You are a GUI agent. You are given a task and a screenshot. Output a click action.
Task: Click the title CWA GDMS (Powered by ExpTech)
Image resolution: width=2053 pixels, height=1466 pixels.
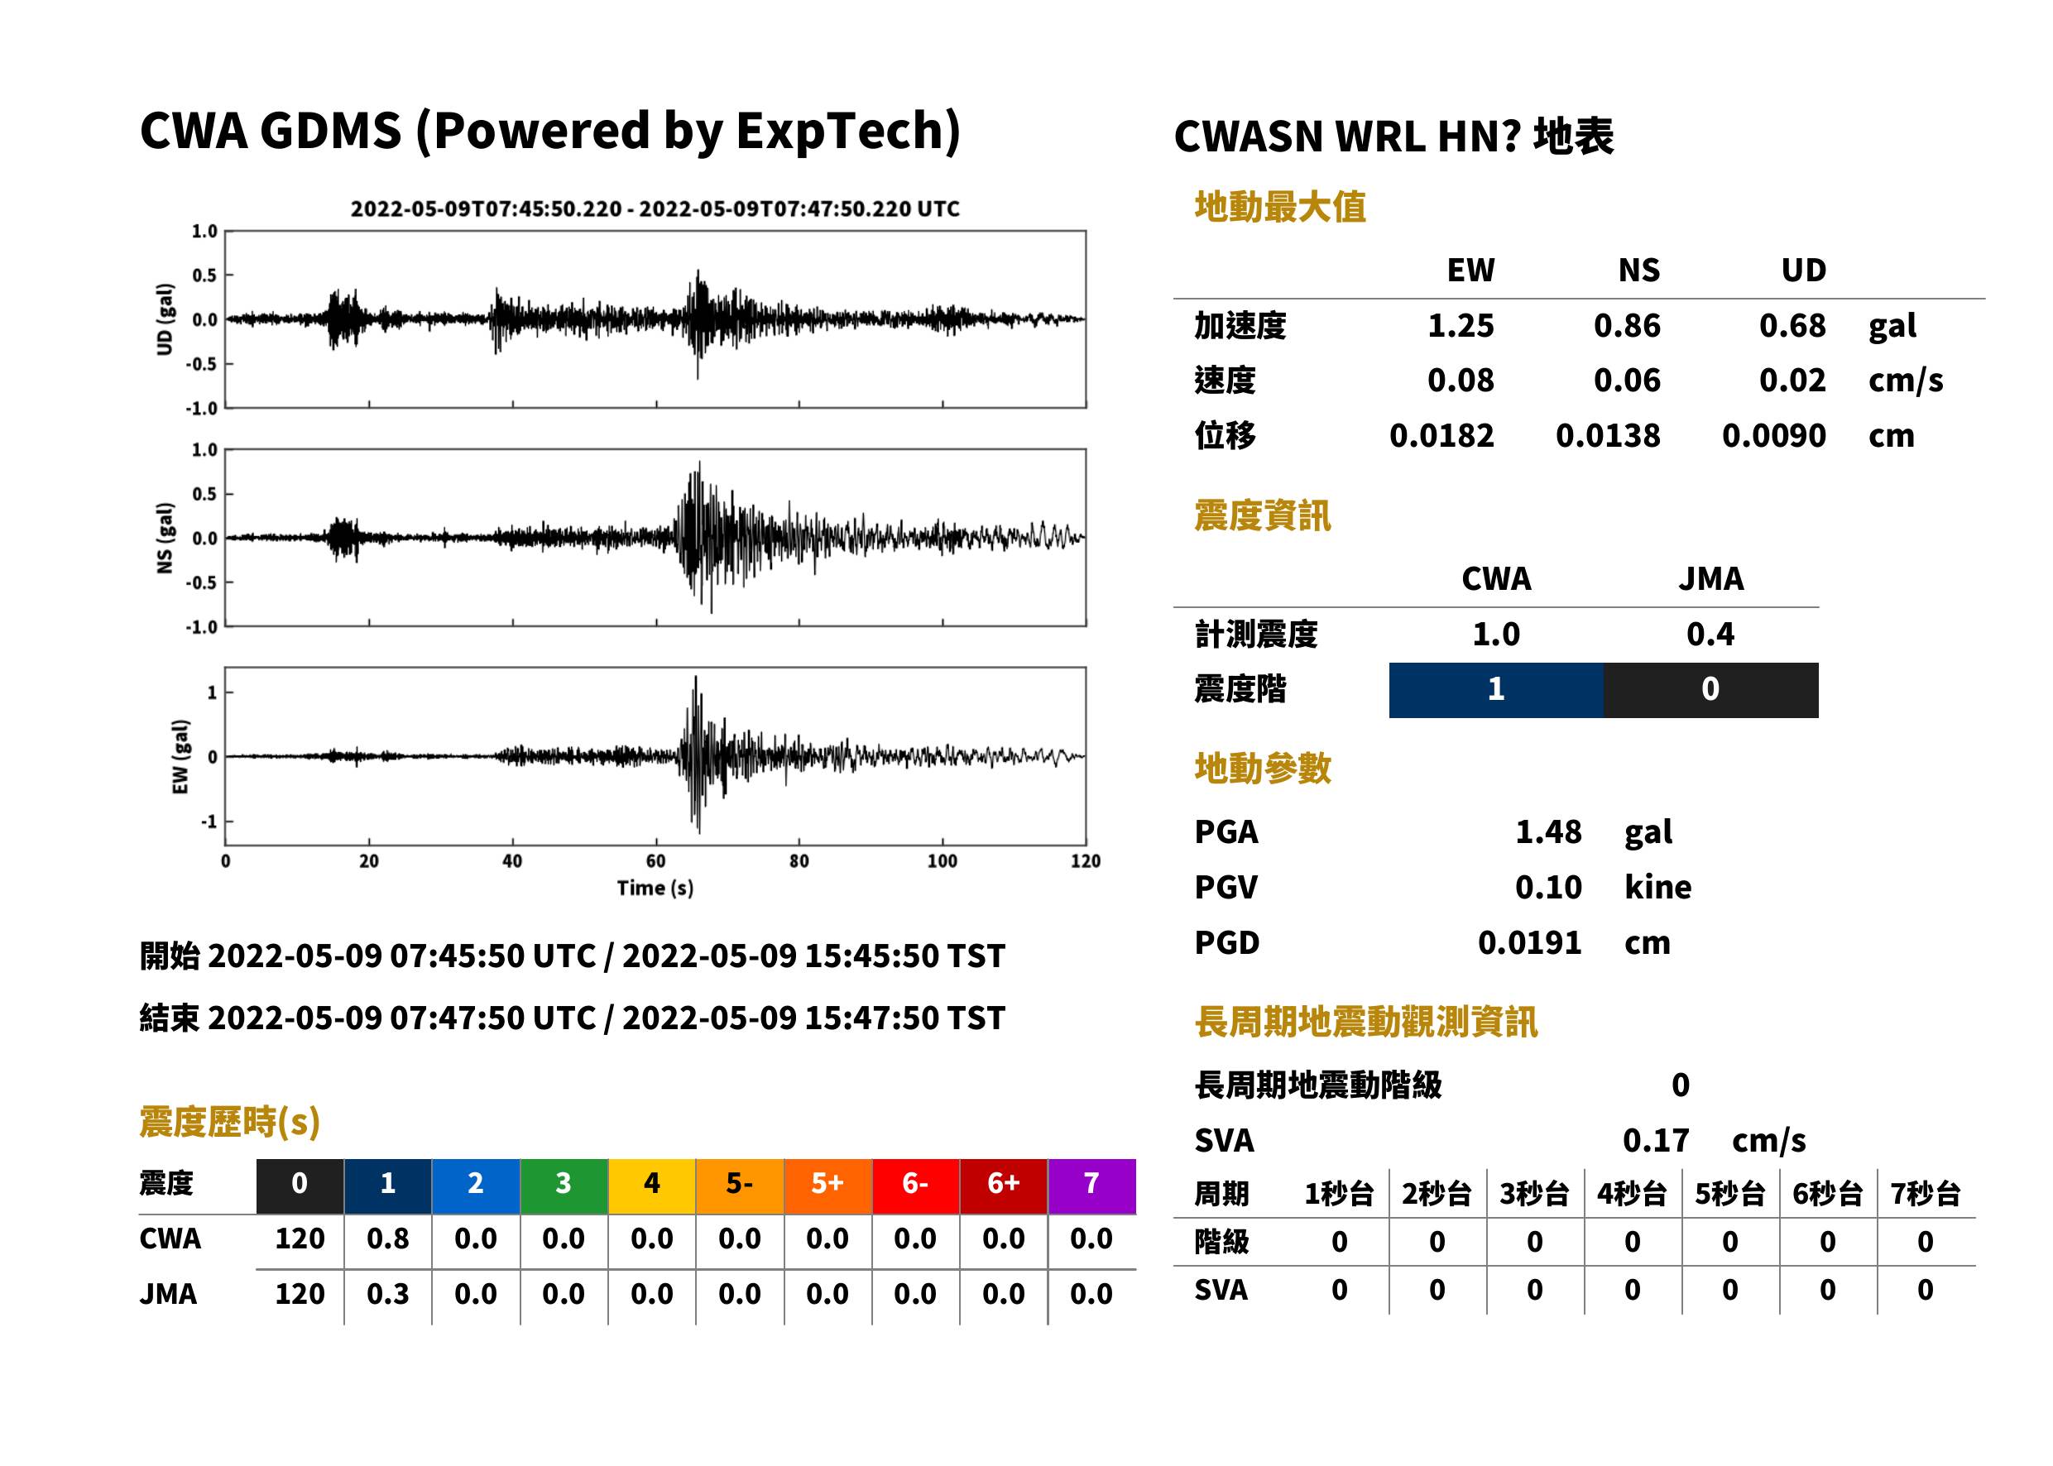click(549, 132)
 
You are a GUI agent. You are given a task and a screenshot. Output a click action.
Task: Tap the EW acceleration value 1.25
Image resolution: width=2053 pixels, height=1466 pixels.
click(1460, 326)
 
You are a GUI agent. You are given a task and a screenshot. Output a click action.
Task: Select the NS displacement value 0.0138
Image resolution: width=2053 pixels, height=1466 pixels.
click(1607, 436)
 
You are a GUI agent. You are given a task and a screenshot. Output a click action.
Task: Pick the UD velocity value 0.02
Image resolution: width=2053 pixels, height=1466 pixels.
click(1792, 381)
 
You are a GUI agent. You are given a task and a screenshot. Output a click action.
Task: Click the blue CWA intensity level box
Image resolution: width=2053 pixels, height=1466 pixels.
click(1496, 690)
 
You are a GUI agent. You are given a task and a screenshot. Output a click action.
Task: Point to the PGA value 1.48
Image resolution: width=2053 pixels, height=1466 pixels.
click(1548, 831)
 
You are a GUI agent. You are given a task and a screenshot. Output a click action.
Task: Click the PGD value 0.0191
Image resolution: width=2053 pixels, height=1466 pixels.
click(1529, 942)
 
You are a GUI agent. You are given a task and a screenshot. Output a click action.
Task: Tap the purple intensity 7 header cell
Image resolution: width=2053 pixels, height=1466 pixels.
click(1091, 1186)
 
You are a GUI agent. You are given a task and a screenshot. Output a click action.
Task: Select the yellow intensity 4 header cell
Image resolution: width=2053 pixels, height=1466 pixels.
click(652, 1186)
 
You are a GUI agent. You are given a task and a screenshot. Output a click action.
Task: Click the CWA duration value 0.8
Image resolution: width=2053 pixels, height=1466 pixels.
click(387, 1238)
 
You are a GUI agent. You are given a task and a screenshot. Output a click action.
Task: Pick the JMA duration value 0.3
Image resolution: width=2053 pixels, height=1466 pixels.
click(387, 1294)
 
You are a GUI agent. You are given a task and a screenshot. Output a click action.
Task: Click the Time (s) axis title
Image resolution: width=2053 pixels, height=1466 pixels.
click(655, 889)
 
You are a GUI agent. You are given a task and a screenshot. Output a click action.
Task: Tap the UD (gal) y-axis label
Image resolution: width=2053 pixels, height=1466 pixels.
click(165, 319)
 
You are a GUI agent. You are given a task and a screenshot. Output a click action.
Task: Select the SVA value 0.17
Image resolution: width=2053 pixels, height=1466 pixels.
click(1656, 1140)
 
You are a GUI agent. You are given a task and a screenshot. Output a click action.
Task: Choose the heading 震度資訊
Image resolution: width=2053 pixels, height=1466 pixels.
click(1262, 515)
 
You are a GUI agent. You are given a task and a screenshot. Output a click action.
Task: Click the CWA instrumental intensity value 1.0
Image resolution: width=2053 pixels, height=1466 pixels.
click(1496, 635)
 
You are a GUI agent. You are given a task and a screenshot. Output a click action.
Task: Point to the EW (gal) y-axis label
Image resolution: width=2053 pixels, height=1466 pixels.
click(180, 757)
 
